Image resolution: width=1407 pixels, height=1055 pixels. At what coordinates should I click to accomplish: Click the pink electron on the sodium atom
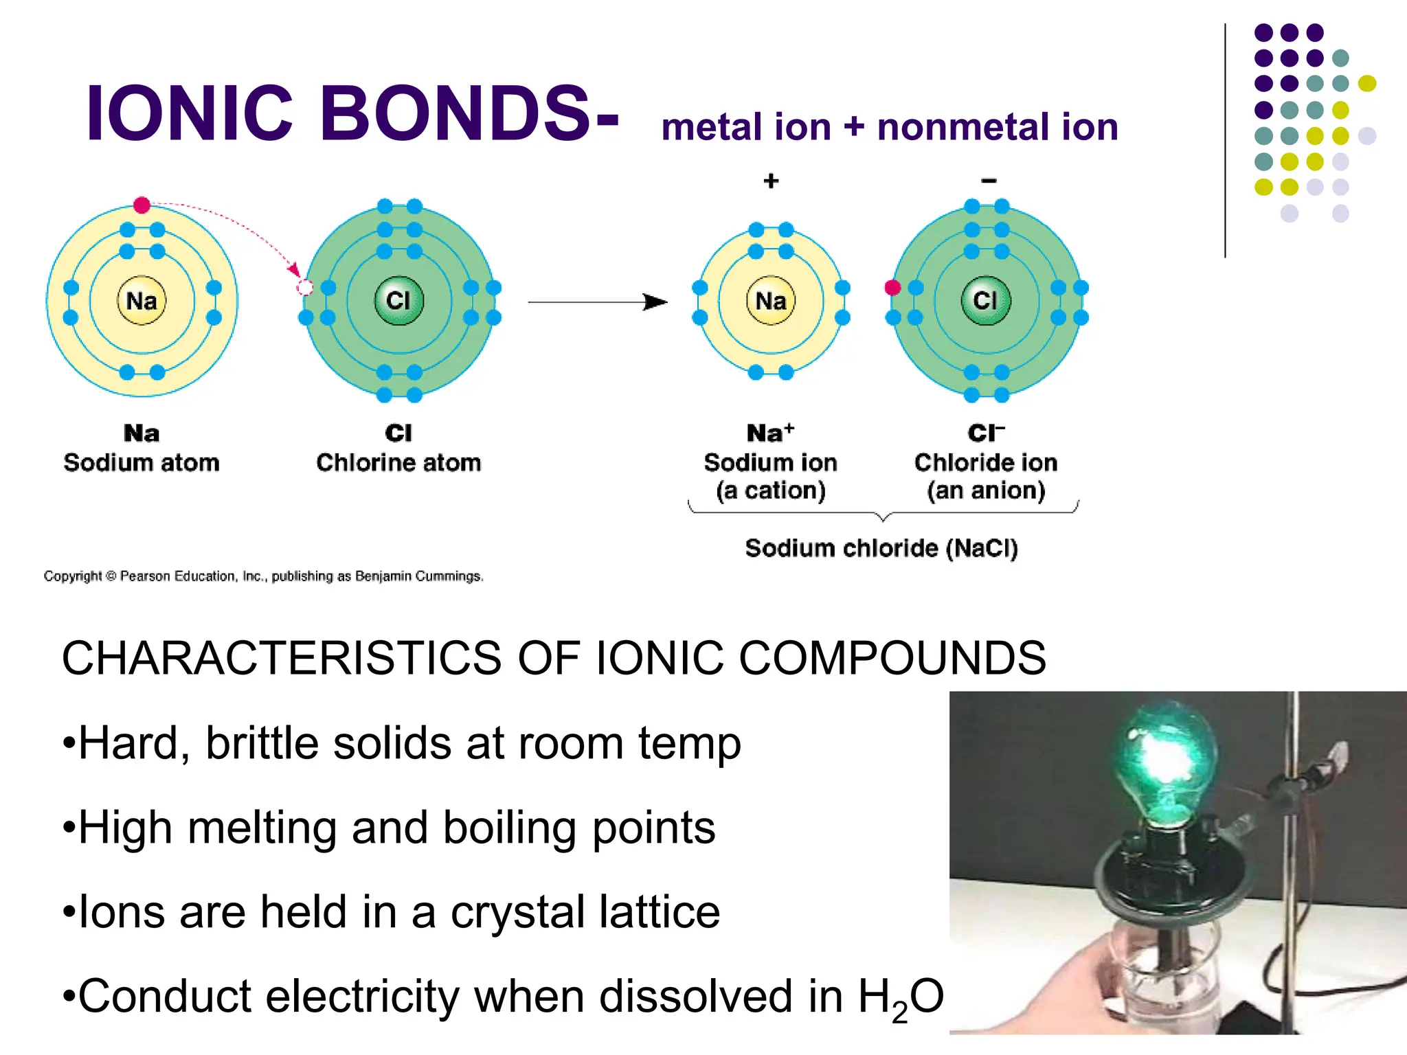pyautogui.click(x=142, y=205)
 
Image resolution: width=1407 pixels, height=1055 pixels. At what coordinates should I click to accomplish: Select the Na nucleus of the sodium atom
pyautogui.click(x=142, y=301)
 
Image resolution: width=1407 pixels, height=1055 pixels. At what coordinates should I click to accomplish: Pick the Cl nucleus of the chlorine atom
pyautogui.click(x=398, y=301)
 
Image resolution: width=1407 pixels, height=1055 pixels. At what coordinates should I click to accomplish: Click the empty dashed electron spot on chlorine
pyautogui.click(x=305, y=288)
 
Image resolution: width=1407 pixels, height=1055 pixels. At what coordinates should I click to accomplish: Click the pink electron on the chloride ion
pyautogui.click(x=892, y=288)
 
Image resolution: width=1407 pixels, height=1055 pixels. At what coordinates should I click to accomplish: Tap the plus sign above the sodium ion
pyautogui.click(x=771, y=181)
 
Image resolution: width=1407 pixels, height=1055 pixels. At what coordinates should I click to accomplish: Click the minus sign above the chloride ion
pyautogui.click(x=989, y=181)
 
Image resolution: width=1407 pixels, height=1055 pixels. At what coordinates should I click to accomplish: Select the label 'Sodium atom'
pyautogui.click(x=142, y=462)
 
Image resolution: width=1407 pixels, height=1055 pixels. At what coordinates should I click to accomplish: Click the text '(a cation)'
pyautogui.click(x=770, y=490)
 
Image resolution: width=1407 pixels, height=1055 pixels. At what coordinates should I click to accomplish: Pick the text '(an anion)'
pyautogui.click(x=986, y=490)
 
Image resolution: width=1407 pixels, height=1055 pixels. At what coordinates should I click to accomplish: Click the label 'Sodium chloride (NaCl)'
pyautogui.click(x=881, y=548)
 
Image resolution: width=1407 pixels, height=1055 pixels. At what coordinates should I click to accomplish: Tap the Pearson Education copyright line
pyautogui.click(x=263, y=576)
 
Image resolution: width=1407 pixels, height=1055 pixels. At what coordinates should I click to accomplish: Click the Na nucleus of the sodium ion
pyautogui.click(x=771, y=301)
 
